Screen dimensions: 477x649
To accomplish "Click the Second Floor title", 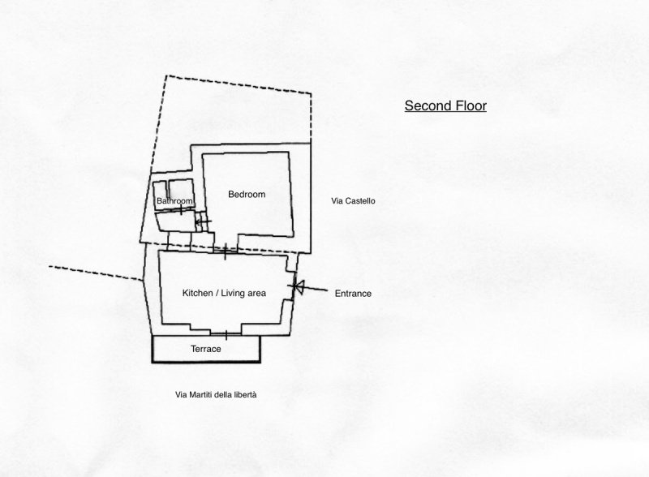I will pos(445,105).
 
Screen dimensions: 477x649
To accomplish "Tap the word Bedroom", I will pos(247,195).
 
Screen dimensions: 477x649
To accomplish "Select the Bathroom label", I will pos(174,200).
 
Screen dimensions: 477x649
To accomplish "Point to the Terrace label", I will pos(206,349).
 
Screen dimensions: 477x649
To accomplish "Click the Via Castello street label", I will pos(354,200).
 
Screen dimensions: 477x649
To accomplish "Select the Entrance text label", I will pos(353,294).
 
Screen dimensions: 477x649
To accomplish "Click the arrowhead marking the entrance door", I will pos(294,286).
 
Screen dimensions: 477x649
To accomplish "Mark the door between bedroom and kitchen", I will pos(225,251).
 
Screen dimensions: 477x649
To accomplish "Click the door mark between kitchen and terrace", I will pos(225,333).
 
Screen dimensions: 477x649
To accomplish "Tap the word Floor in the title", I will pos(469,105).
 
